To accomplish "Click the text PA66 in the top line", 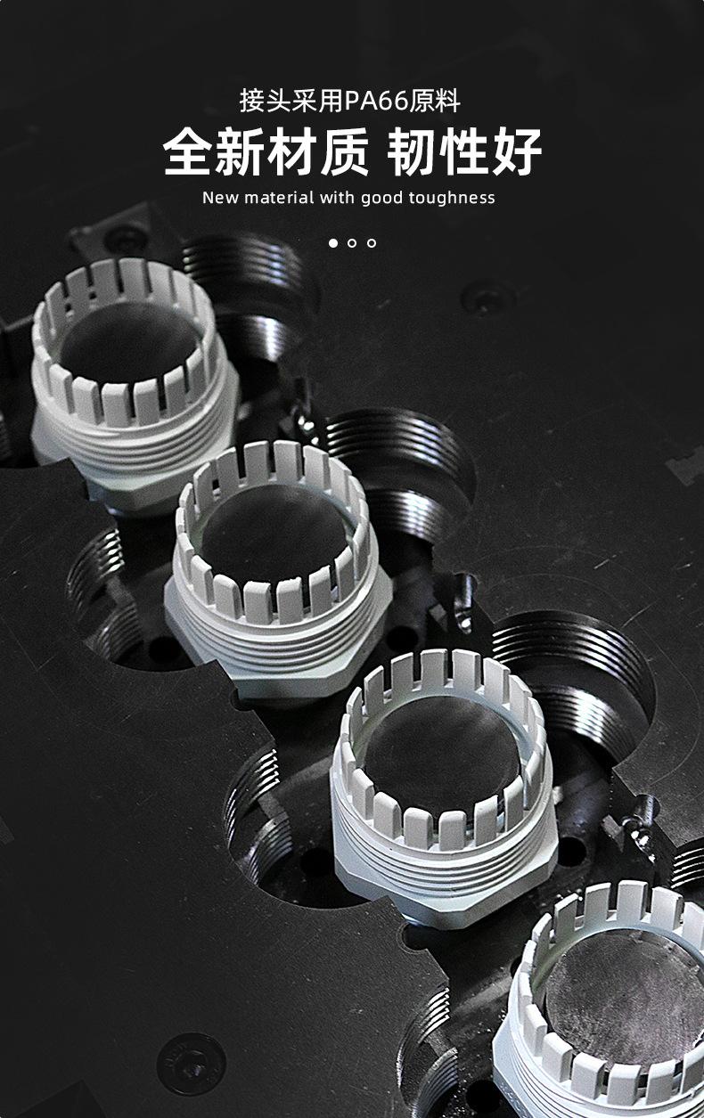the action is [x=376, y=102].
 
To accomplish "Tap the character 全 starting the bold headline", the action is [x=188, y=151].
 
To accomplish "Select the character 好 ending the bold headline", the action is [x=517, y=151].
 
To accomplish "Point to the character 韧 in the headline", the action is [x=413, y=151].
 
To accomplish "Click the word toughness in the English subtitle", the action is [x=452, y=198].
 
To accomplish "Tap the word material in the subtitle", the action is [x=279, y=198].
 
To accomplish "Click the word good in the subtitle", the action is [x=382, y=199].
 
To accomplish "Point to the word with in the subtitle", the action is [x=338, y=198].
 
